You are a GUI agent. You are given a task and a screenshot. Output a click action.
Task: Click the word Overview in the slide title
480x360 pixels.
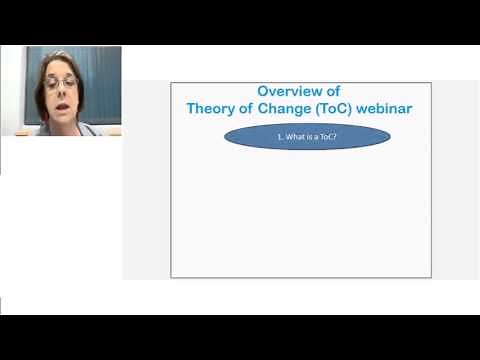[285, 91]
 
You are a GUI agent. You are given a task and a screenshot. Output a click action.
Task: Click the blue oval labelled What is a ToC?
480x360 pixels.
[307, 136]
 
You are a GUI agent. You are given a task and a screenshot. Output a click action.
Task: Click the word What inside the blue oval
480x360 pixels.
[295, 136]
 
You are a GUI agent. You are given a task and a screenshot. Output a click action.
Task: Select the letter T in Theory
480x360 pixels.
[191, 108]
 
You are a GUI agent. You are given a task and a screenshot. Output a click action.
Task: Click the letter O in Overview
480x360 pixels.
[264, 91]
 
